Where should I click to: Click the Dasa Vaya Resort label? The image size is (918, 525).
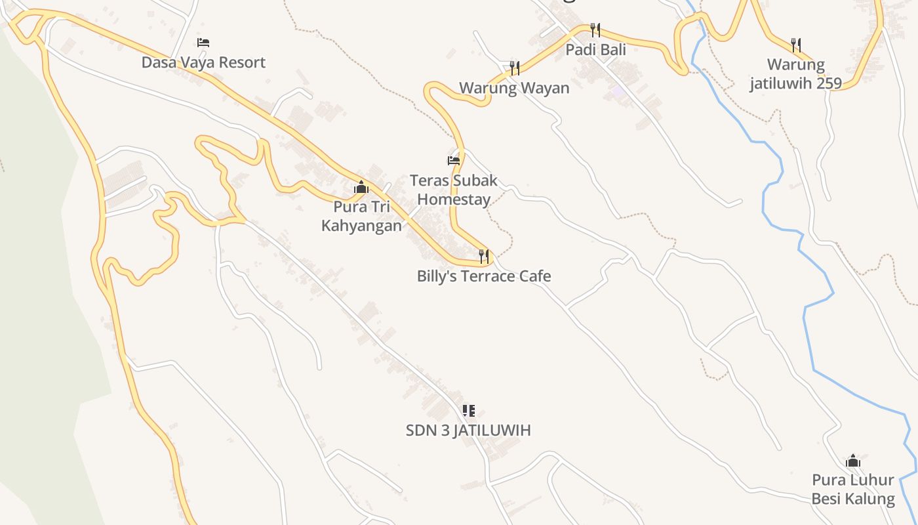click(x=203, y=62)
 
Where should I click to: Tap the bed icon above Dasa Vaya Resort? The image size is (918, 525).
click(x=203, y=43)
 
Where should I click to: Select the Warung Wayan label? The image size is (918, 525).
click(x=514, y=88)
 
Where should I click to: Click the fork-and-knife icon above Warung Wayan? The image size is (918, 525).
click(x=515, y=68)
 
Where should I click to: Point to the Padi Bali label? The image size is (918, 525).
click(x=596, y=49)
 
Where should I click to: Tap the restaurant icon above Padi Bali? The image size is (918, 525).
click(x=595, y=30)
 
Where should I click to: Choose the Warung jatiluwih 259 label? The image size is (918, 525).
click(x=796, y=74)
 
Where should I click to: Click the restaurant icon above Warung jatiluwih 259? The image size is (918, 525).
click(x=796, y=45)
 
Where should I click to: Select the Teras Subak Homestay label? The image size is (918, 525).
click(x=454, y=190)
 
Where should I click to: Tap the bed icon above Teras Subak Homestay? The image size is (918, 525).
click(x=454, y=160)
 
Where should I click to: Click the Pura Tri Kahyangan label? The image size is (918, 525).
click(x=361, y=216)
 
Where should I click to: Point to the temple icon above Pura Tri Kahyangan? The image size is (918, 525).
click(x=361, y=188)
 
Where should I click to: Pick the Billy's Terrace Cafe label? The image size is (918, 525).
click(x=484, y=276)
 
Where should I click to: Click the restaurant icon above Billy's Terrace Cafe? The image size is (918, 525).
click(x=484, y=256)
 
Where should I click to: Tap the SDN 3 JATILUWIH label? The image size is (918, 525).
click(x=468, y=430)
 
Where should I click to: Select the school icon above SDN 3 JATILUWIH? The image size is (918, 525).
click(x=468, y=411)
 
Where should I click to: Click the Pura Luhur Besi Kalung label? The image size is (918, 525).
click(x=853, y=490)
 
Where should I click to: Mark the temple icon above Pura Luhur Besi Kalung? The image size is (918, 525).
click(x=853, y=461)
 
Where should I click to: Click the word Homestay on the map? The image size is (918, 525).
click(x=454, y=199)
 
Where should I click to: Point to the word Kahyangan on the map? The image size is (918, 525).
click(x=361, y=226)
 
